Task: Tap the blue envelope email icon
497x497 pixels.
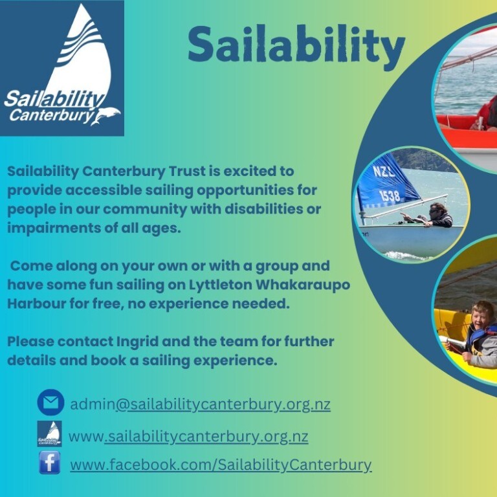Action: click(50, 403)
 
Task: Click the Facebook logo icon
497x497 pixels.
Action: click(49, 463)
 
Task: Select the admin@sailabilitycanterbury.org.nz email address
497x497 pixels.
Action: click(200, 405)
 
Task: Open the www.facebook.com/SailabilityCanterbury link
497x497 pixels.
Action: click(221, 465)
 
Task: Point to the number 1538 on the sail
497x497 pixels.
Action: click(390, 195)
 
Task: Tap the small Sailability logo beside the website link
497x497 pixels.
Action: click(49, 434)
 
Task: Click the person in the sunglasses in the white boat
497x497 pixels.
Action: click(437, 214)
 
